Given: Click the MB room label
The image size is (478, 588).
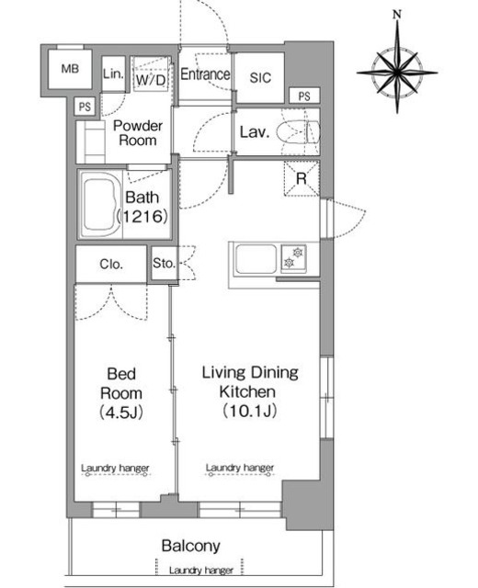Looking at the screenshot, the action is [x=70, y=69].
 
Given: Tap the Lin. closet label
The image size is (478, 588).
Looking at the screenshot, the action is [x=113, y=73].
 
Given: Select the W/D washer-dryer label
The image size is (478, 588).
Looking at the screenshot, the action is [x=151, y=80].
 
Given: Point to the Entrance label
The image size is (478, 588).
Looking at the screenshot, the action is [x=205, y=73].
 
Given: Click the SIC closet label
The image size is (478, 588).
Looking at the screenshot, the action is [x=260, y=77].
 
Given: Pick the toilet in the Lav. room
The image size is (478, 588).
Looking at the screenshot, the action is [x=298, y=132].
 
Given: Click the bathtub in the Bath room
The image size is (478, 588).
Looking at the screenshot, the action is [x=99, y=204].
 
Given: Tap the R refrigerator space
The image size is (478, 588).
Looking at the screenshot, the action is [x=302, y=178].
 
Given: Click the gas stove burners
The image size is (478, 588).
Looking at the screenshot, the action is [x=293, y=257].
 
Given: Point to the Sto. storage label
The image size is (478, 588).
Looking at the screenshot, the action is [x=164, y=263].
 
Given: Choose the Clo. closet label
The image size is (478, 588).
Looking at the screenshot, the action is [x=111, y=265].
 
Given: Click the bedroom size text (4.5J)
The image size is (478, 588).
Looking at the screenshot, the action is [x=120, y=413].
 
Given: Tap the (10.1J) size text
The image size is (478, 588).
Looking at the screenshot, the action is [x=249, y=411].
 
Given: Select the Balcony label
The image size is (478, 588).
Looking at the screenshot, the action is [x=190, y=546].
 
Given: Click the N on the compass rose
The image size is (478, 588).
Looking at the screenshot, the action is [x=397, y=15].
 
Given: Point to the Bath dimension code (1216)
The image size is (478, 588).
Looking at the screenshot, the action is [x=142, y=217].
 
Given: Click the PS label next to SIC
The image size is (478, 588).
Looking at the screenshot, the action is [x=304, y=96].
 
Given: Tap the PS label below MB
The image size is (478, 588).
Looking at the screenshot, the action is [x=85, y=107].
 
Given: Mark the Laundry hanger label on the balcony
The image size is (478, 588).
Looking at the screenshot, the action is [x=201, y=571].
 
